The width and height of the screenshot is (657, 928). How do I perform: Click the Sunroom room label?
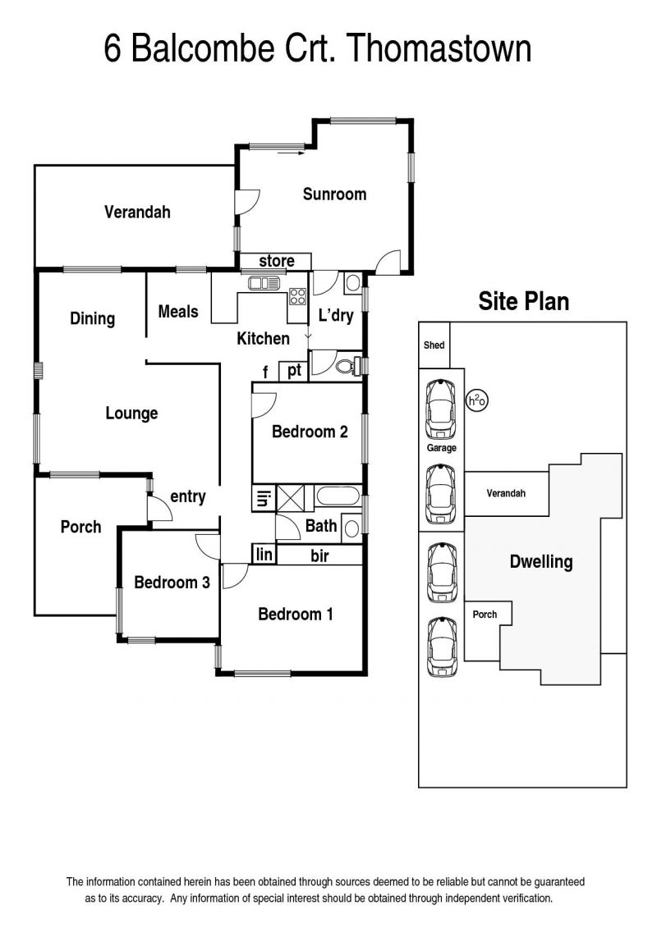coord(334,194)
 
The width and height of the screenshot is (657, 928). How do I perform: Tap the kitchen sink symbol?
coord(264,284)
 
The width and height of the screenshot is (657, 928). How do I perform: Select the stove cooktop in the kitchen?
coord(297,296)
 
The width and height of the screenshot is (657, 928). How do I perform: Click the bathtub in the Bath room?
coord(338,496)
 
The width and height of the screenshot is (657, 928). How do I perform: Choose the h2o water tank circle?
coord(477,401)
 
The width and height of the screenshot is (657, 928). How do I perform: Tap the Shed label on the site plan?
coord(434,345)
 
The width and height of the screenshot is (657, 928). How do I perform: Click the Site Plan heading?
coord(524,301)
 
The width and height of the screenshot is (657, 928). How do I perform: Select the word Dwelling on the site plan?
coord(541,562)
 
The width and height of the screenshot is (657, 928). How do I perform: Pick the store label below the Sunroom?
coord(277,261)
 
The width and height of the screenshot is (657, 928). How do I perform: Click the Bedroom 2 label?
coord(310,432)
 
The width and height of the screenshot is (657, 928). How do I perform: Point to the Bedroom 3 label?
coord(172,583)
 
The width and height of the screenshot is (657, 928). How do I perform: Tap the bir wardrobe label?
coord(320,555)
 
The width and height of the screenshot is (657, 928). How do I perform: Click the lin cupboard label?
coord(264,555)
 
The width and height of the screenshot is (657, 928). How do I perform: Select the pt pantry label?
coord(295,371)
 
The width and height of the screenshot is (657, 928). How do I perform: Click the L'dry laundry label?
coord(335,315)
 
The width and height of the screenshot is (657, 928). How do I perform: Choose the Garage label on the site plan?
coord(441,448)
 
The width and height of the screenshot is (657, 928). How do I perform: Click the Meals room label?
coord(177,312)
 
